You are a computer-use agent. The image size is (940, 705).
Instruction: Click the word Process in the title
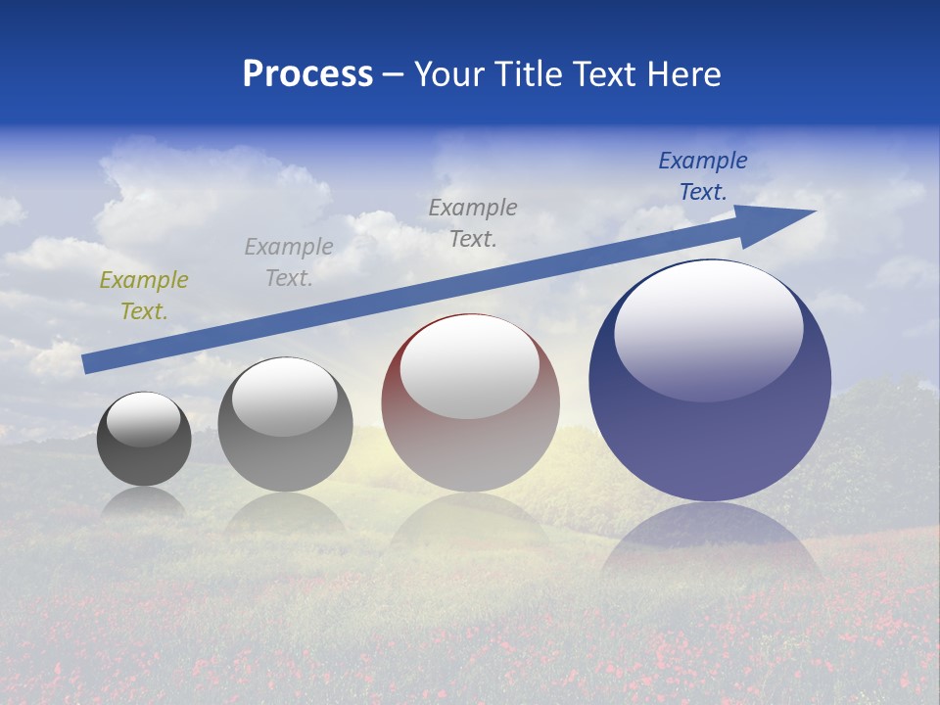307,74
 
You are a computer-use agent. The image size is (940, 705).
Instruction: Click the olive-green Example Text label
144,296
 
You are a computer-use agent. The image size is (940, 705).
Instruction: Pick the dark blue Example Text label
703,176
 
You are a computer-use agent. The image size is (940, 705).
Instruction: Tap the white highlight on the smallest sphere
144,419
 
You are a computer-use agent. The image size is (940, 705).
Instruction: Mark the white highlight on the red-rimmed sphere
470,367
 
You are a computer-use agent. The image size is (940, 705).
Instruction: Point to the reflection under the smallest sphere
144,501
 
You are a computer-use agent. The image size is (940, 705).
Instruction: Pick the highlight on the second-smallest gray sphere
285,397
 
